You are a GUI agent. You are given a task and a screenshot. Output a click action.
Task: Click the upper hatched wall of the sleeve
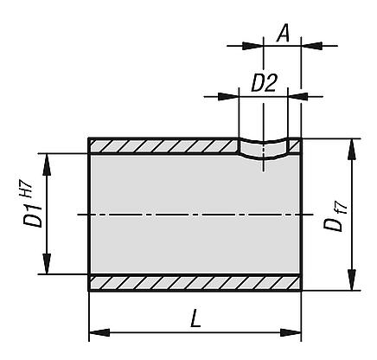point(164,146)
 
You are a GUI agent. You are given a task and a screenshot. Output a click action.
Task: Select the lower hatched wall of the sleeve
point(195,283)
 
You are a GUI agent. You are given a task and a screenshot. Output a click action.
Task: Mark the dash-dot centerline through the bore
point(195,214)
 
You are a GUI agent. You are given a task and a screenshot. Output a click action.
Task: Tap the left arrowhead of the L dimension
point(96,331)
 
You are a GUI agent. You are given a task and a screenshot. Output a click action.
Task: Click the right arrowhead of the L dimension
point(295,331)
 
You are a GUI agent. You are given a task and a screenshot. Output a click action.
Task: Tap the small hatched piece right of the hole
point(295,146)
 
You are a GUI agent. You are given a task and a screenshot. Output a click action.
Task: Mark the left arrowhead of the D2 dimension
point(232,96)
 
